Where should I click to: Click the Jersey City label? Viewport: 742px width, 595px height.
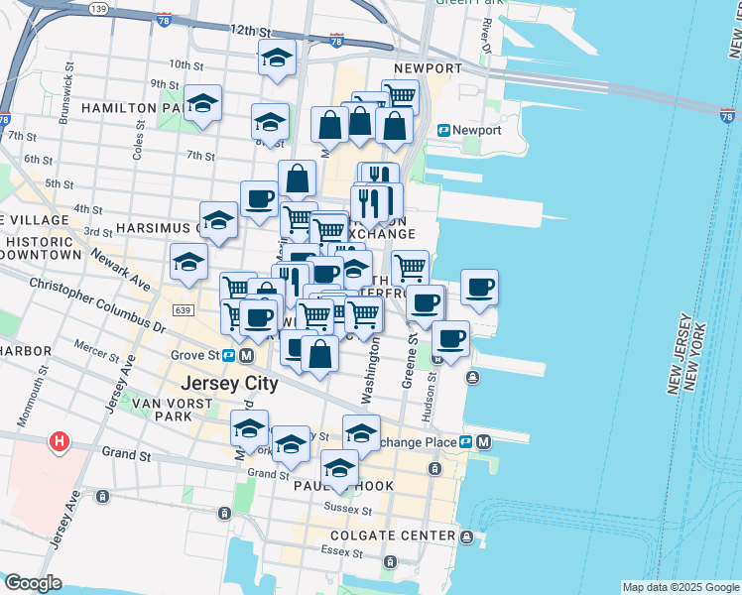tap(228, 384)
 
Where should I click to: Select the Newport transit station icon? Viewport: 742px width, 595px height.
tap(444, 130)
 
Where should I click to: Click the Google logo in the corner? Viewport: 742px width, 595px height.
tap(33, 583)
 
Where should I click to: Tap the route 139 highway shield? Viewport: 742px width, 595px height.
tap(97, 9)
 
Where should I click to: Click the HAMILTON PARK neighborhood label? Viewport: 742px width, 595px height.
tap(131, 107)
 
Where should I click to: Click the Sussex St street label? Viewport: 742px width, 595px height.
tap(348, 510)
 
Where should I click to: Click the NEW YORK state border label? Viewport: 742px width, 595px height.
tap(705, 358)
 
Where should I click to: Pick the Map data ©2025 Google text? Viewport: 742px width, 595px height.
tap(680, 587)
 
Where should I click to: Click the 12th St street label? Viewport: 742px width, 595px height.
tap(249, 32)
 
